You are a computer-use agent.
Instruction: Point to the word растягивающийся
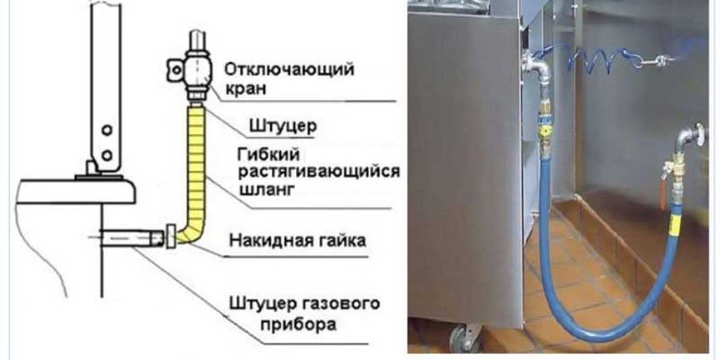(x=320, y=170)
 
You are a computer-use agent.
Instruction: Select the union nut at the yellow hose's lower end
(x=170, y=238)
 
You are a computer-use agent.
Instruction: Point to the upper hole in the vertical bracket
(x=106, y=130)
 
